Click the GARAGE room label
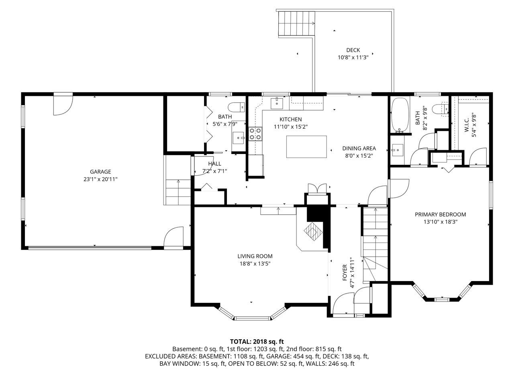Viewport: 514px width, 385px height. point(100,172)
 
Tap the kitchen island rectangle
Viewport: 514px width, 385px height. point(306,147)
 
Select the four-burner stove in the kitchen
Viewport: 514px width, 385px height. point(255,134)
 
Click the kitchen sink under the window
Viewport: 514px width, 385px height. point(277,103)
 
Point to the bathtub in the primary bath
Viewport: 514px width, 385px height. point(400,115)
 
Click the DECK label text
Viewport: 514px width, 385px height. point(353,50)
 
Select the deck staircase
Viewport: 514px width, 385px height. point(296,24)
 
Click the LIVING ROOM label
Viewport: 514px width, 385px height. point(255,256)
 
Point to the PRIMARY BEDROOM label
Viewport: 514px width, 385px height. point(441,214)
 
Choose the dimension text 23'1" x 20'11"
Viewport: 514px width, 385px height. point(100,179)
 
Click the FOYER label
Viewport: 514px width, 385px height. point(345,273)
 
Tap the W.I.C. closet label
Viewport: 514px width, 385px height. point(467,125)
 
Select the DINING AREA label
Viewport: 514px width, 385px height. point(359,148)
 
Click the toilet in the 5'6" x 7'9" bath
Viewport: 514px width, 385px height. point(236,107)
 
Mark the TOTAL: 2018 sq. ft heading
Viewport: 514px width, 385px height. point(257,342)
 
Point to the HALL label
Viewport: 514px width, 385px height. point(215,164)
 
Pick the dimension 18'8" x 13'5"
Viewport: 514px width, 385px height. point(255,263)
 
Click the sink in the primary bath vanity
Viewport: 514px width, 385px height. point(398,150)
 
